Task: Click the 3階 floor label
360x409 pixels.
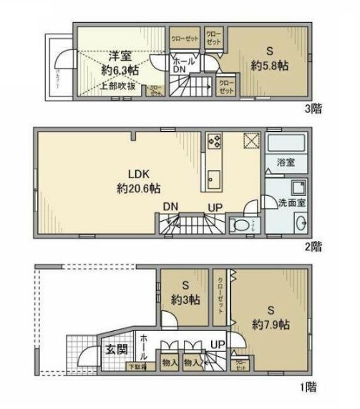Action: point(312,109)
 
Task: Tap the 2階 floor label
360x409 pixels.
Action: point(312,247)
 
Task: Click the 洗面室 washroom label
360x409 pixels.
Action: point(292,203)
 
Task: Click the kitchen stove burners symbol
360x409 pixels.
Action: point(214,141)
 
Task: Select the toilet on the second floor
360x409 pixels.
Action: point(240,226)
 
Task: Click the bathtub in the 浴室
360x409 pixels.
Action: point(286,142)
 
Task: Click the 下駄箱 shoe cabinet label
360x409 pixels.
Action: point(136,368)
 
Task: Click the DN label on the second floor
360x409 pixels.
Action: point(170,207)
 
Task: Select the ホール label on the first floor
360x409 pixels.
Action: point(144,347)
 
